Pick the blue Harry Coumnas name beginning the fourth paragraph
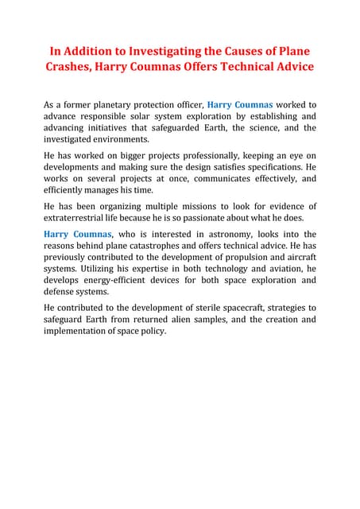(x=79, y=234)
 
